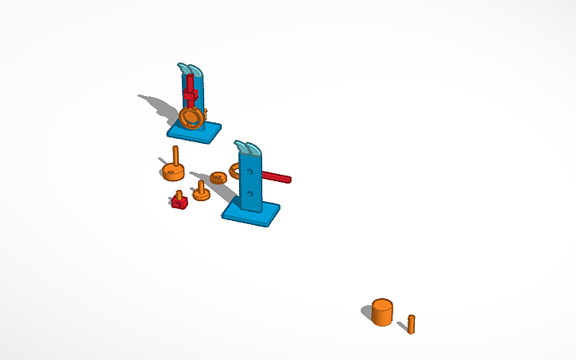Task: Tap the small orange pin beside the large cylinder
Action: (411, 324)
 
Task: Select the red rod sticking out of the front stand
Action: (277, 177)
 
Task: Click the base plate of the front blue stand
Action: (250, 213)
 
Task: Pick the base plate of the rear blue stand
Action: (194, 132)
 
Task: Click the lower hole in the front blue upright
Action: (249, 192)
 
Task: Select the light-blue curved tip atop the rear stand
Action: (191, 68)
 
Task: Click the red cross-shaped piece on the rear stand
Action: (190, 95)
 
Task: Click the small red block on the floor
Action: (179, 203)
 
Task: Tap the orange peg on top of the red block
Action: (180, 195)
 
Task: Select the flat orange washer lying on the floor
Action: (218, 177)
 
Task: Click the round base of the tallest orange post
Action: (172, 171)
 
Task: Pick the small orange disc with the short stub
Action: (201, 193)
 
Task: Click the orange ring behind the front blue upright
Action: (234, 170)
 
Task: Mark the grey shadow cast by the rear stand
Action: (159, 105)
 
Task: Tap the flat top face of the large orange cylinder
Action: (382, 304)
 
